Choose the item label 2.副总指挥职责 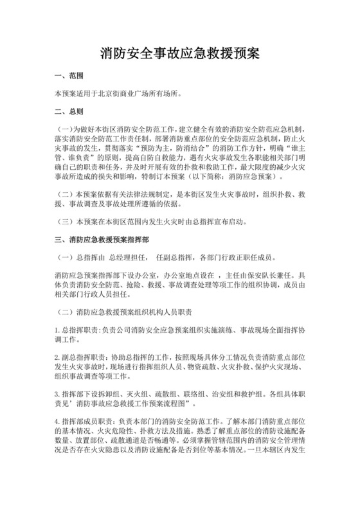(82, 355)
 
